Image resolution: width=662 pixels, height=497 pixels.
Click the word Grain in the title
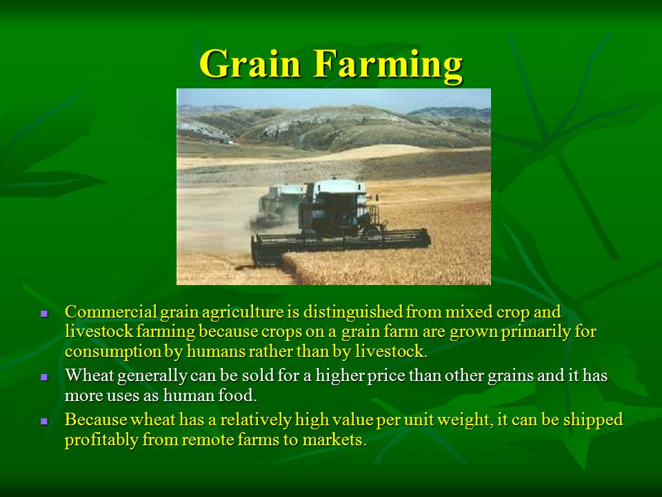coord(250,64)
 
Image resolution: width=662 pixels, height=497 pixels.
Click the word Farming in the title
coord(388,65)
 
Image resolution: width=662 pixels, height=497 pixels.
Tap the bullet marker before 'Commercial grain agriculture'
coord(44,314)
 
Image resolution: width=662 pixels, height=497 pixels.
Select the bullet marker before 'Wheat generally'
coord(44,377)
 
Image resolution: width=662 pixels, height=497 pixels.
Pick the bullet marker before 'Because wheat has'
coord(44,421)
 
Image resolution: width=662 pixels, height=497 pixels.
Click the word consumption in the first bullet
coord(112,351)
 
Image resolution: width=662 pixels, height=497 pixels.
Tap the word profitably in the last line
coord(101,440)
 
